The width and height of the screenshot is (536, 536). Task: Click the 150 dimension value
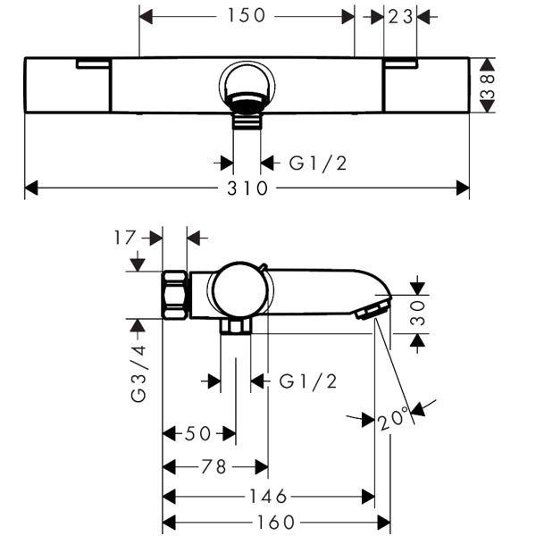point(247,16)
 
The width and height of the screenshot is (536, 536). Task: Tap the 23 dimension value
point(399,16)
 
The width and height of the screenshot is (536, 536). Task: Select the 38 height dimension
point(488,86)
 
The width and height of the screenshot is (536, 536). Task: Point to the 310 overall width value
point(247,188)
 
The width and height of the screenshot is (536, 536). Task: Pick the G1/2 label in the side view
point(308,381)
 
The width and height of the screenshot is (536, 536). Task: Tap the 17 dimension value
point(125,238)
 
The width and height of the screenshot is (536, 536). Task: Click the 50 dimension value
point(197,434)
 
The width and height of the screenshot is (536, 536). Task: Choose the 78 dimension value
point(214,466)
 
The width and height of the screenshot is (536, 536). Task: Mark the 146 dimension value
point(267,497)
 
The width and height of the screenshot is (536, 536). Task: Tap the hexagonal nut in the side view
point(174,295)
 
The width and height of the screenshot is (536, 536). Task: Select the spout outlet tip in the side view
point(370,309)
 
